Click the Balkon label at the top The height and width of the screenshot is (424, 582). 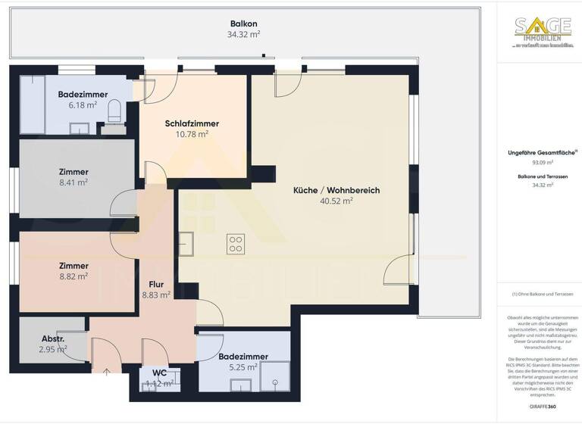pyautogui.click(x=244, y=23)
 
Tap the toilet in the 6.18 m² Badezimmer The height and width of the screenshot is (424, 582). pyautogui.click(x=114, y=112)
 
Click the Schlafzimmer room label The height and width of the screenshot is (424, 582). pyautogui.click(x=192, y=123)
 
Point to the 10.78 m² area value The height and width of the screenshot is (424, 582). pyautogui.click(x=192, y=134)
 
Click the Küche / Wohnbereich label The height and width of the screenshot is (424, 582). pyautogui.click(x=336, y=190)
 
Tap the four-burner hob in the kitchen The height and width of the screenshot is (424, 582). pyautogui.click(x=236, y=244)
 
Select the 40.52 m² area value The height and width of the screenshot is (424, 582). pyautogui.click(x=336, y=201)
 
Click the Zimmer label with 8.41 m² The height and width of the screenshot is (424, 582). pyautogui.click(x=73, y=172)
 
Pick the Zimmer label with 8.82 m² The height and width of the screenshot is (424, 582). pyautogui.click(x=73, y=266)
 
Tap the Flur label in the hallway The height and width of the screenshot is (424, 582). pyautogui.click(x=157, y=285)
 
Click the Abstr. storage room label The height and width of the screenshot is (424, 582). pyautogui.click(x=52, y=338)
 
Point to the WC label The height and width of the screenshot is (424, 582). pyautogui.click(x=159, y=373)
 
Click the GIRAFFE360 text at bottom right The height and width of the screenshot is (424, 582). pyautogui.click(x=542, y=407)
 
